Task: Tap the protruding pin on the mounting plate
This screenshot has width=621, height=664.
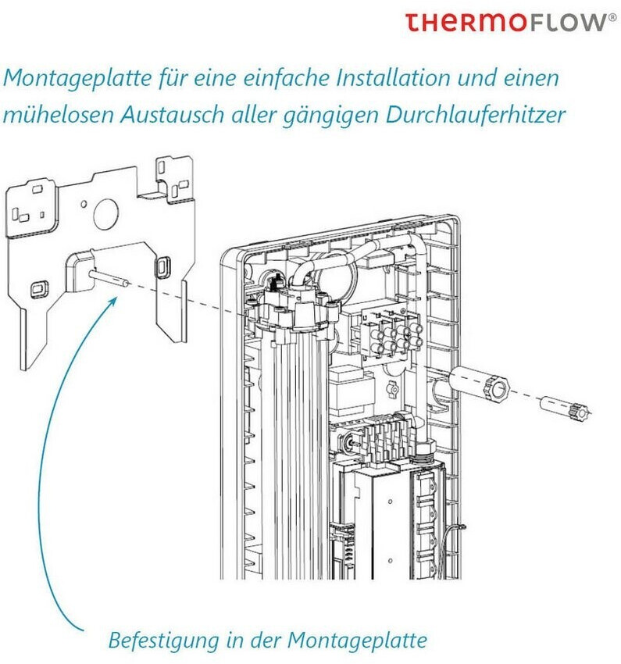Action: pyautogui.click(x=109, y=278)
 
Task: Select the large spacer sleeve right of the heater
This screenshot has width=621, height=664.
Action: pyautogui.click(x=476, y=384)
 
